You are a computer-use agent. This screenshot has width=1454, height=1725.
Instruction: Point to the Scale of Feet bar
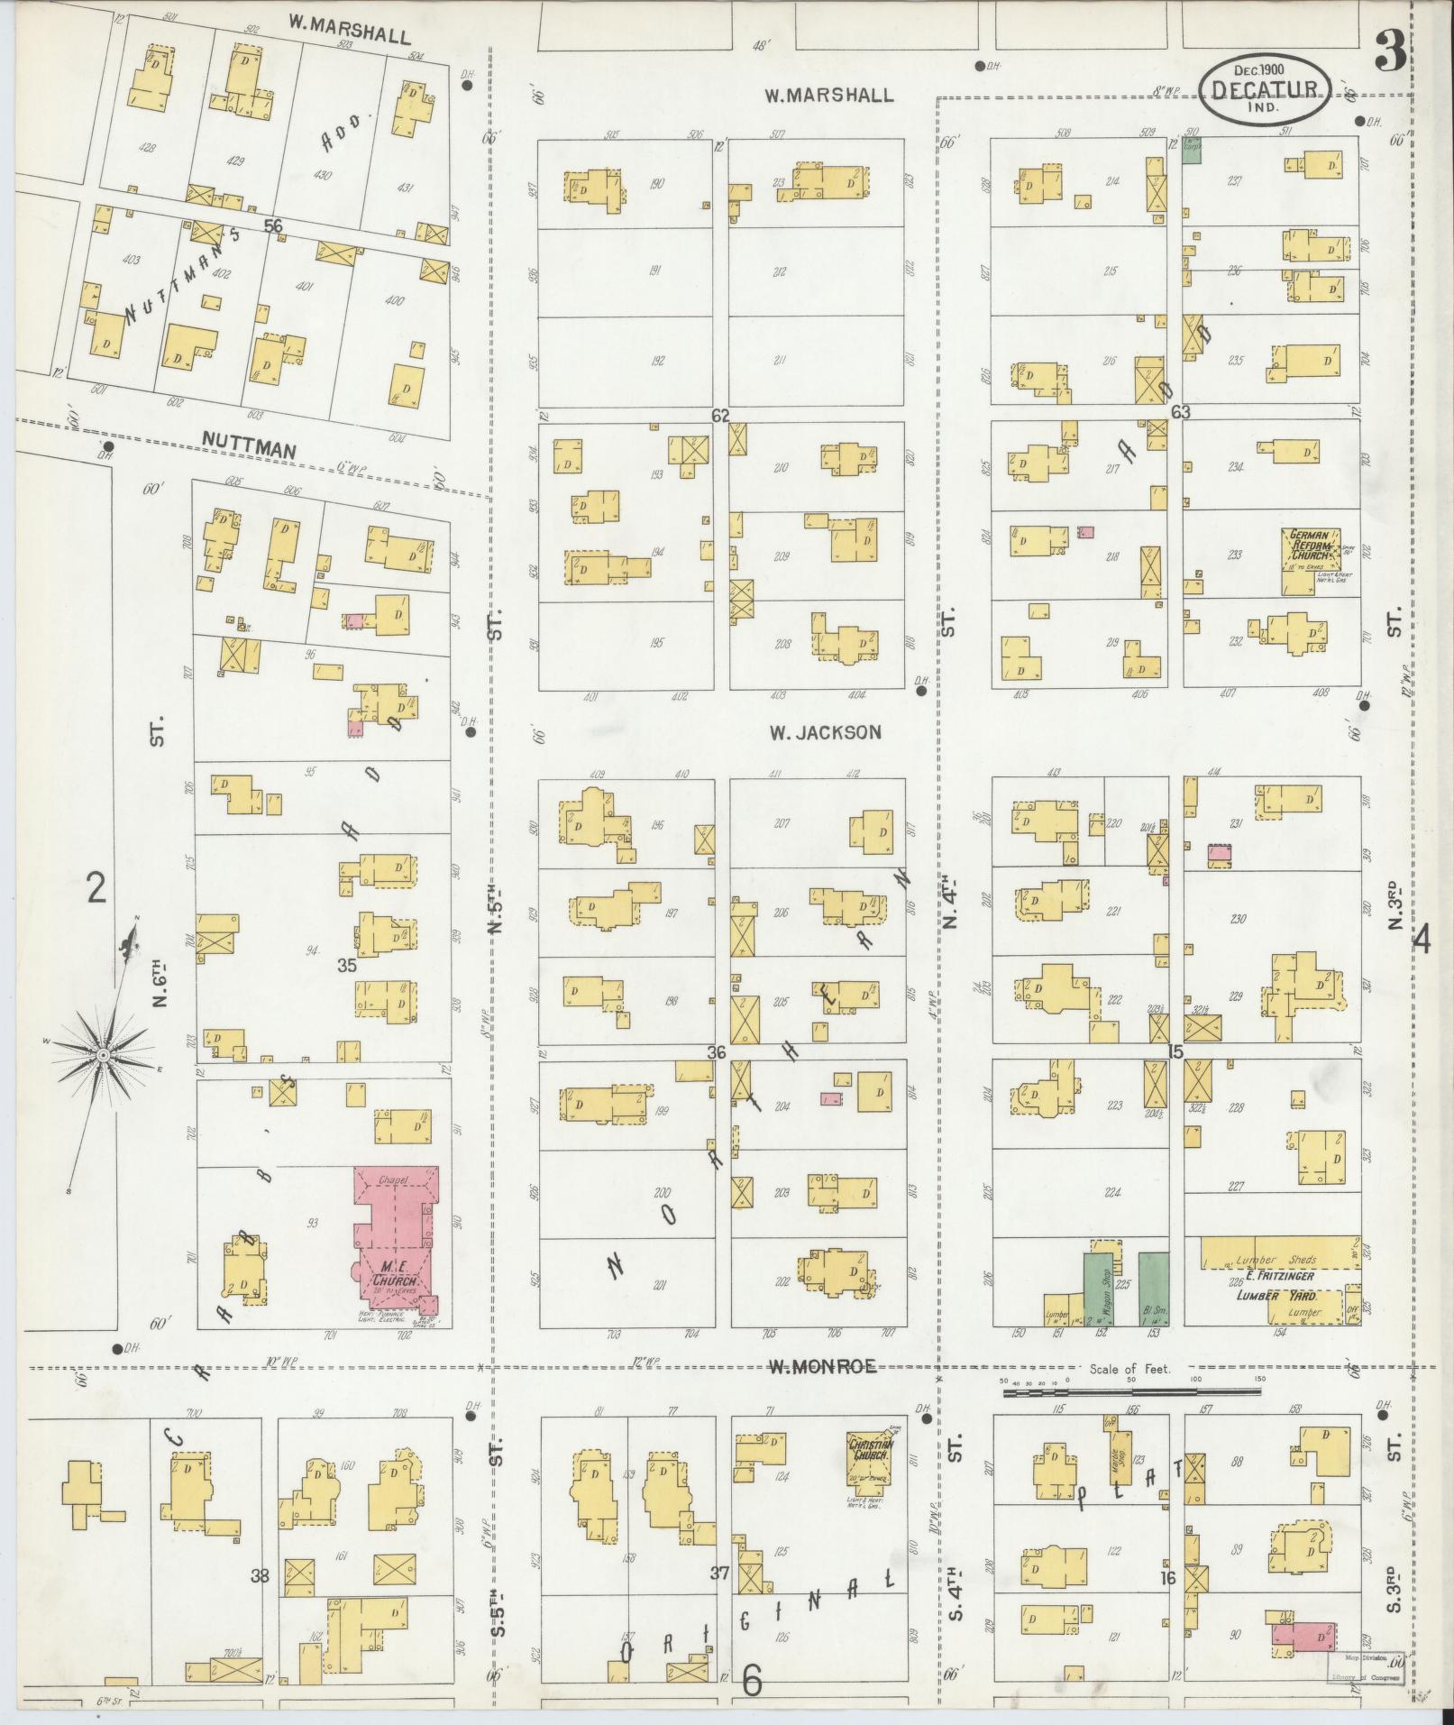[x=1131, y=1418]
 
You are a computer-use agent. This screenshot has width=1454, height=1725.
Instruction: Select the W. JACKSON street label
[x=825, y=733]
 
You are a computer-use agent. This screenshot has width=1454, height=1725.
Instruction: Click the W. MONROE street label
[x=823, y=1392]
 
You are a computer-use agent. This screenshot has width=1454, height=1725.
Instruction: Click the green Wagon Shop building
[x=1097, y=1289]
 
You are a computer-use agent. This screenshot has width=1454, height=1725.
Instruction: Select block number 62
[x=719, y=415]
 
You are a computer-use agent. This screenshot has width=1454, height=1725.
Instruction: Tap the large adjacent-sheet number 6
[x=752, y=1680]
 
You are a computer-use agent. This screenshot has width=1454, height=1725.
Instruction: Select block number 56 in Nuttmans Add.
[x=273, y=226]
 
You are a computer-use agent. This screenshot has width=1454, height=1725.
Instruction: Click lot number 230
[x=1236, y=920]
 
